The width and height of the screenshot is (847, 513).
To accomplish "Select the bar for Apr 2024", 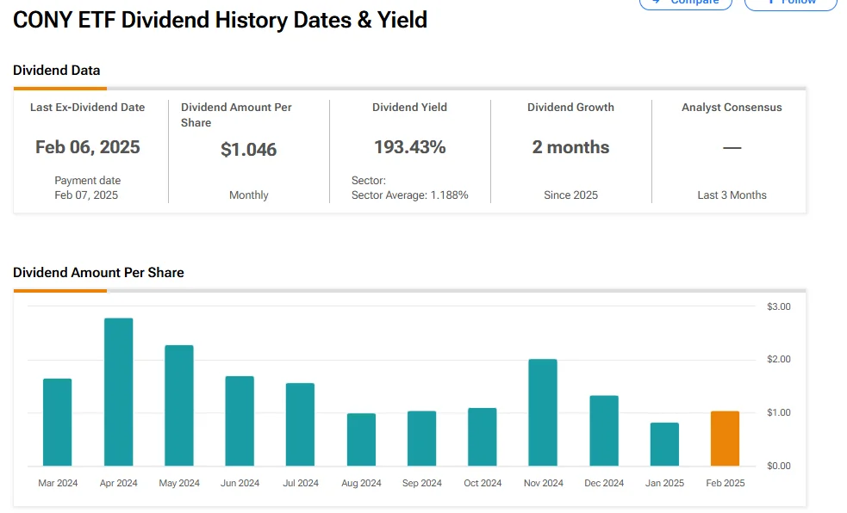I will click(119, 392).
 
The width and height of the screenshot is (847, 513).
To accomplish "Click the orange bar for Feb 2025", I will click(725, 439).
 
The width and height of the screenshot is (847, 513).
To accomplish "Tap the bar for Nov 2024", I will click(543, 412).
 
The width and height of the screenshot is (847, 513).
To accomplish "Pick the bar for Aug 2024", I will click(361, 440).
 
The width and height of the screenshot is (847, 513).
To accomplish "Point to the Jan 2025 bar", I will click(664, 444).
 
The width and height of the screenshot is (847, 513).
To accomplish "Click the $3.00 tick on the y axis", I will click(778, 306).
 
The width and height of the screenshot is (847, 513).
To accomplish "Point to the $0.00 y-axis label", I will click(778, 466).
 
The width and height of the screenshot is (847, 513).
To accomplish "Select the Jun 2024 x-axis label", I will click(240, 483).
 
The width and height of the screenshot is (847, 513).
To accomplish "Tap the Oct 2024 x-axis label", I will click(483, 483).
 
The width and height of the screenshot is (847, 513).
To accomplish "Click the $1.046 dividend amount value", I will click(249, 150).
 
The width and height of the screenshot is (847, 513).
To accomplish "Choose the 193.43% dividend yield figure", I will click(410, 147).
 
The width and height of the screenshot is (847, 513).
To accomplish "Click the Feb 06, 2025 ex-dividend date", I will click(88, 147).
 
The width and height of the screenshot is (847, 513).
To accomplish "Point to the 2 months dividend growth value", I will click(570, 147).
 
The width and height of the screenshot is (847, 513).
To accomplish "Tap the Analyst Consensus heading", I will click(732, 108).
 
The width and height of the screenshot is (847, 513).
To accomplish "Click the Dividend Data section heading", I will click(57, 71).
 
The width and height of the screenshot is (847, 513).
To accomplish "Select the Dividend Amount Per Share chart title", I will click(98, 273).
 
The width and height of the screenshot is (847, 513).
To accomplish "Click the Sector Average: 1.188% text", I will click(410, 195).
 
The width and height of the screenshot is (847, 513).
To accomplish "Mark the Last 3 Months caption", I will click(732, 195).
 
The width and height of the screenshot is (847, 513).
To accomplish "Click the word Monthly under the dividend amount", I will click(249, 195).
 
